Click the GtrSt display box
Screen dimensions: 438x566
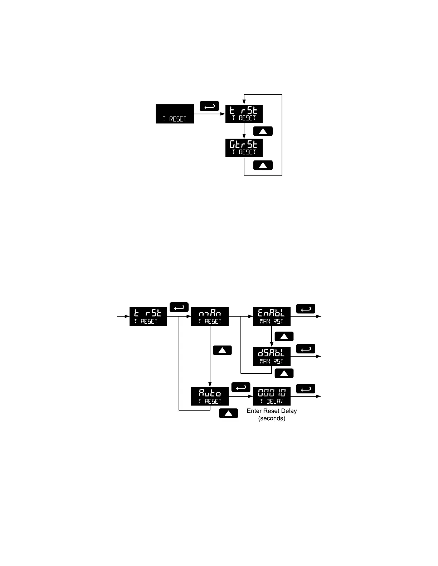244,148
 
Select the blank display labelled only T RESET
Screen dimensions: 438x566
175,114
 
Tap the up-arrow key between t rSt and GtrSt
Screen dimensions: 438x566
263,131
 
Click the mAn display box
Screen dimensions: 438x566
210,316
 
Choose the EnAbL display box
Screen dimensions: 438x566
272,316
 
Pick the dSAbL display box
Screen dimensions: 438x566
272,356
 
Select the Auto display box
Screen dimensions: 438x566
210,396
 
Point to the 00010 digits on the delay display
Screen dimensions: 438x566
272,393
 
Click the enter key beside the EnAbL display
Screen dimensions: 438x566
306,309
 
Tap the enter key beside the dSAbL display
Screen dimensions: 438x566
306,349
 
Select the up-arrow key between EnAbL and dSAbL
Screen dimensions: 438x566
284,336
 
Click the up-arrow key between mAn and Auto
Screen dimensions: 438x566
222,350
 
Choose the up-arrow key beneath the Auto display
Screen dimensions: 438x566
228,413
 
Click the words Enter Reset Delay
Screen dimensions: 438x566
272,411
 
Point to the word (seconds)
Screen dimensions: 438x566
272,418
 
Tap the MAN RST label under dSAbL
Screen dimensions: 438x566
272,361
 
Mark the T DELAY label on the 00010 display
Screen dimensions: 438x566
272,401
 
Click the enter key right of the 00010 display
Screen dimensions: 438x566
306,389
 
